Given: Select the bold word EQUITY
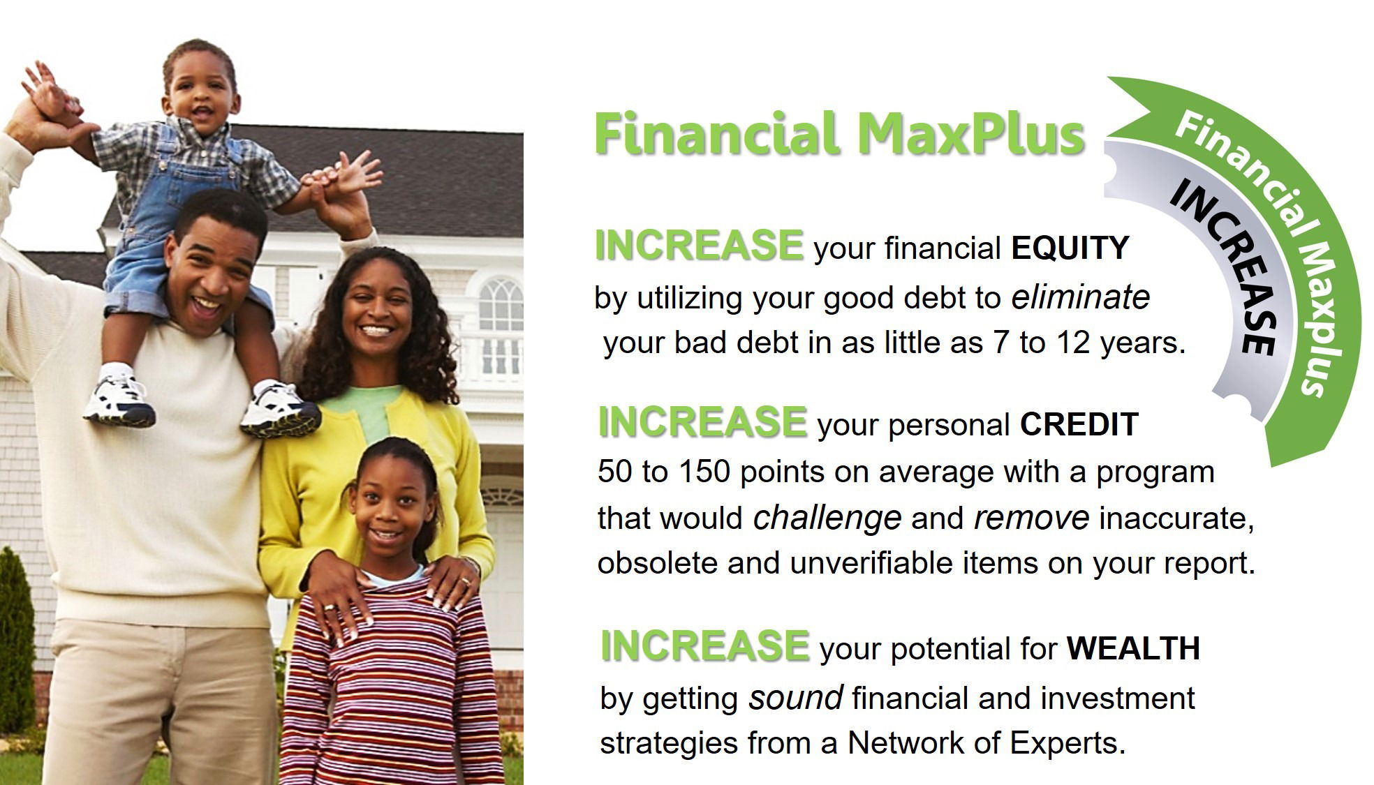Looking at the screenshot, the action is tap(1070, 248).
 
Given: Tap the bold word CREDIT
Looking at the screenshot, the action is tap(1079, 424).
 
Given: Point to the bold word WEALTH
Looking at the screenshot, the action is tap(1133, 648).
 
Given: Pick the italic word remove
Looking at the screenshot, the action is tap(1031, 518).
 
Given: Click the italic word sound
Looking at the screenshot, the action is tap(796, 698).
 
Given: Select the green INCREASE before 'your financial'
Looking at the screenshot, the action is tap(699, 245).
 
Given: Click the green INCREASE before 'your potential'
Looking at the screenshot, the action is tap(705, 645).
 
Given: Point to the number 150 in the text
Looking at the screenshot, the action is tap(704, 472).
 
